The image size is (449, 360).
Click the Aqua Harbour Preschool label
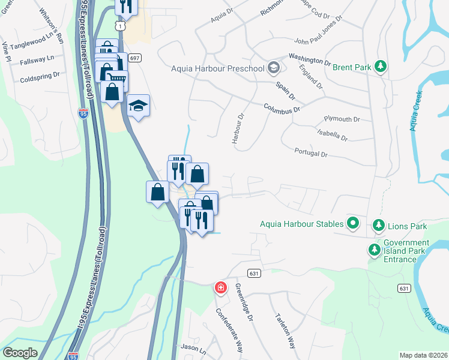click(217, 68)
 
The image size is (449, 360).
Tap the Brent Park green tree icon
click(380, 66)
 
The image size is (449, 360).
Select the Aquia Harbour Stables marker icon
click(353, 224)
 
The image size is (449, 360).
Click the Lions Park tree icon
click(379, 226)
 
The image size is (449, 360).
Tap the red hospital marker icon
click(221, 288)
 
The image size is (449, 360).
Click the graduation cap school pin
click(139, 106)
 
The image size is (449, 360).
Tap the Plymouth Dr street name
click(342, 119)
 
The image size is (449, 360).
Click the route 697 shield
click(134, 58)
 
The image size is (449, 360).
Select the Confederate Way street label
click(230, 331)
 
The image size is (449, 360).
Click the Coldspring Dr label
click(40, 77)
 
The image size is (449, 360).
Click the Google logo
click(20, 353)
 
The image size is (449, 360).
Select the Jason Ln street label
click(193, 349)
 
